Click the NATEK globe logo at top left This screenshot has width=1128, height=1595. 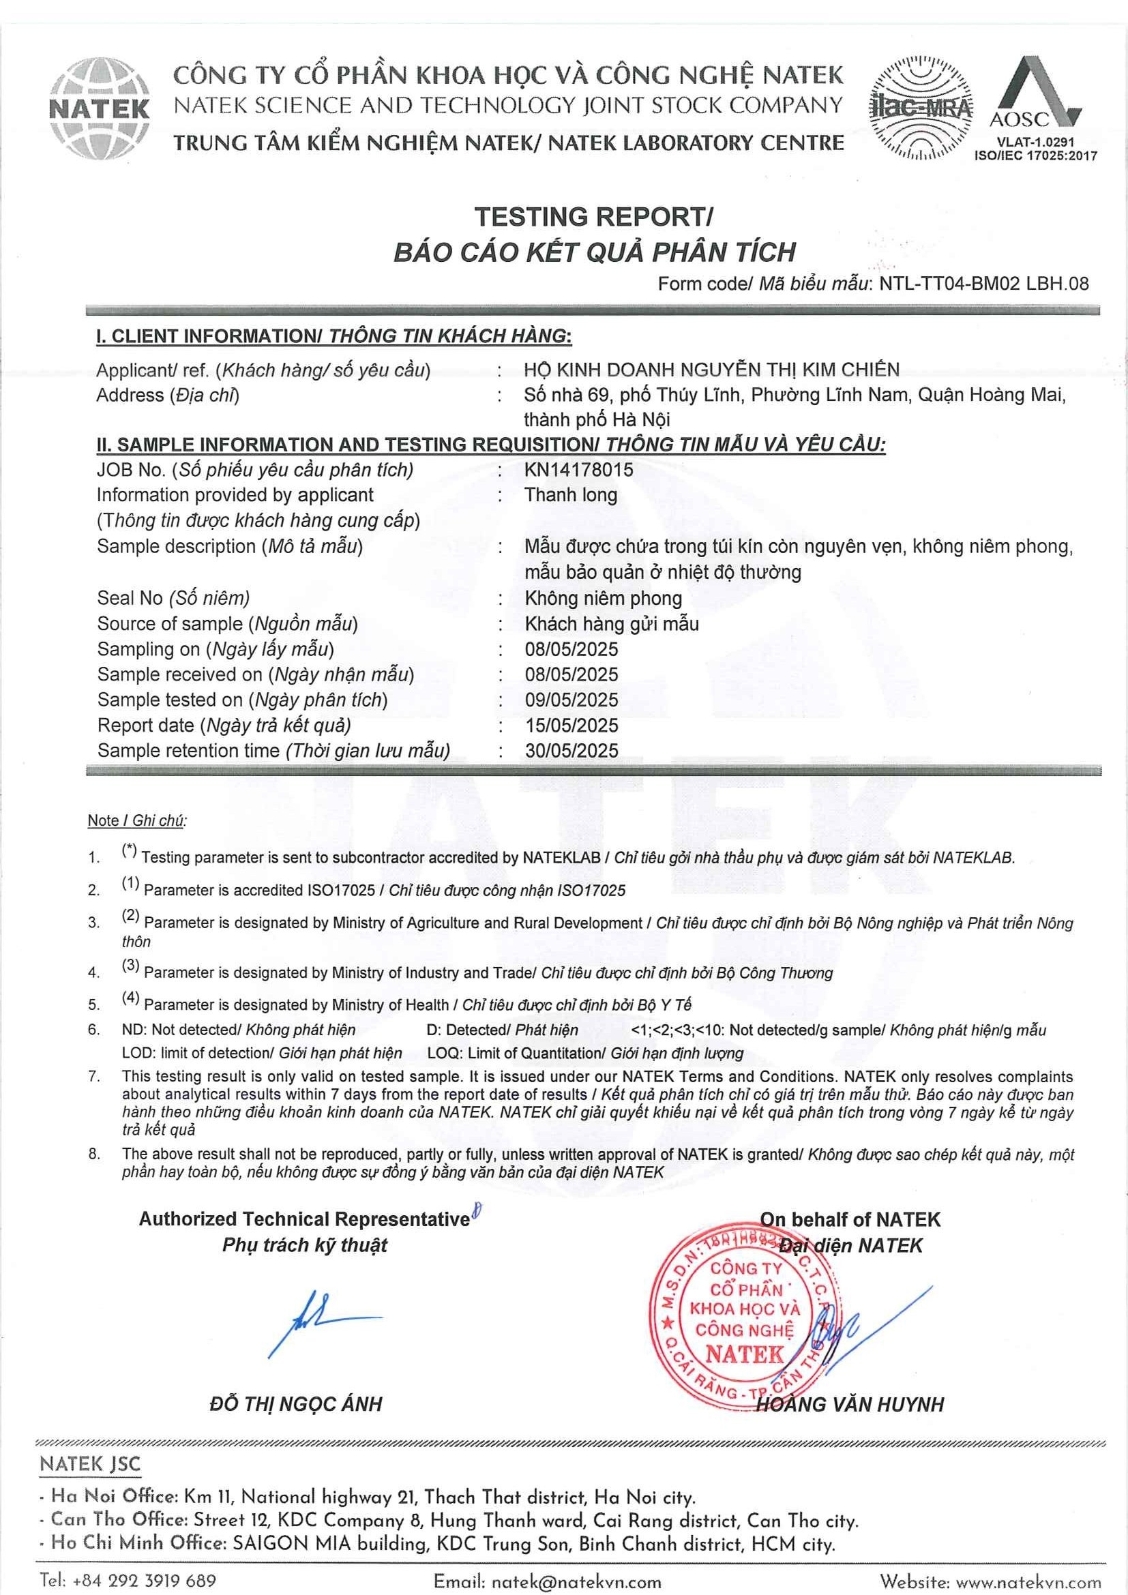tap(100, 108)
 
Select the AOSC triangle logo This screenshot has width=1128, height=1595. tap(1035, 94)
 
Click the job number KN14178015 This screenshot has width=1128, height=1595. tap(578, 471)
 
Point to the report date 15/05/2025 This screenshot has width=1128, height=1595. tap(571, 726)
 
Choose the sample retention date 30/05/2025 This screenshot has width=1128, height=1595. tap(571, 750)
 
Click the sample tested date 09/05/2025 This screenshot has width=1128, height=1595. tap(571, 700)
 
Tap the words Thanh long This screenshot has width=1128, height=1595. tap(570, 495)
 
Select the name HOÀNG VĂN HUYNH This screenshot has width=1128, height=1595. tap(850, 1405)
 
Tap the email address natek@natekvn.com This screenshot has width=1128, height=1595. tap(576, 1583)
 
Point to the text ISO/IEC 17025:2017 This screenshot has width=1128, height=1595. tap(1036, 156)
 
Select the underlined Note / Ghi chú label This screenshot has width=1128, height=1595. tap(137, 820)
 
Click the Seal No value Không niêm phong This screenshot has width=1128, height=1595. tap(603, 598)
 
